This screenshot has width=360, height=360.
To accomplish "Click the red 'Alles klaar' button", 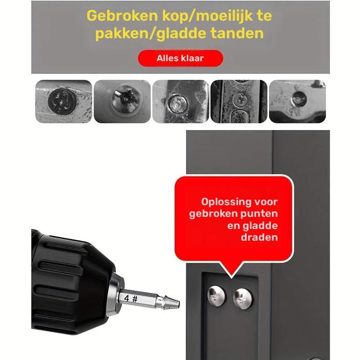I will coord(180,58).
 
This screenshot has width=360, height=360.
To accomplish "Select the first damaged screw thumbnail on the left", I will coord(63,101).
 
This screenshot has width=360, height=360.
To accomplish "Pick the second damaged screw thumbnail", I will coord(122,101).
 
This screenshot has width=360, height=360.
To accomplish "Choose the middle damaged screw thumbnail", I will coord(180,101).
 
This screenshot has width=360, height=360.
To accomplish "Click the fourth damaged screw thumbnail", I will coord(238,101).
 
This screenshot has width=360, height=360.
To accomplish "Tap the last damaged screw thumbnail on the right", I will coord(297,101).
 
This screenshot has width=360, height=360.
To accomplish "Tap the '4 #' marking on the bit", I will coord(131,298).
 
